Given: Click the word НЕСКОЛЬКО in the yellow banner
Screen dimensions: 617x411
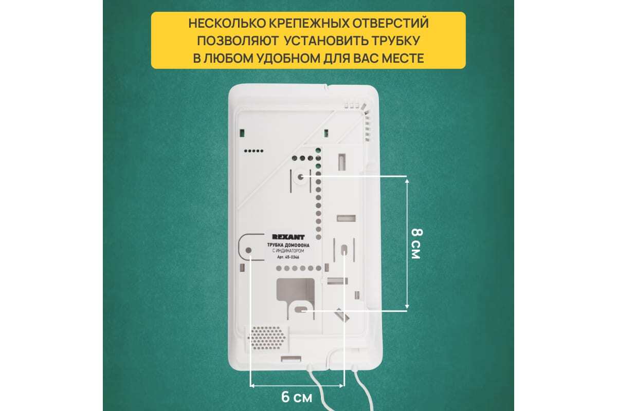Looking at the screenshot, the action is (227, 23).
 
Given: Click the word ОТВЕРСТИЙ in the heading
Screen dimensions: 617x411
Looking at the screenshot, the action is (391, 23).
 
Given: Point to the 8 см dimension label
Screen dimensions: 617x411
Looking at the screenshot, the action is (416, 244).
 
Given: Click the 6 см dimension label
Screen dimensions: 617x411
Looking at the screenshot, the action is (297, 397).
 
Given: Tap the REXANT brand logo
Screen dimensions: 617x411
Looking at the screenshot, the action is (288, 237).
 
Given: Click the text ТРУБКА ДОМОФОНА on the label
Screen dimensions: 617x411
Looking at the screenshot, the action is (288, 245).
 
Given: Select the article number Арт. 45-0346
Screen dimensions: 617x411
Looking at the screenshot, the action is (288, 257).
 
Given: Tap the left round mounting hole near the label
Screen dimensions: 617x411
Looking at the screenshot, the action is (248, 250).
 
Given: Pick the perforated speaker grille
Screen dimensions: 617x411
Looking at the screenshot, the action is (267, 338).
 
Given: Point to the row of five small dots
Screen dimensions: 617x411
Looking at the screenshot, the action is (253, 151).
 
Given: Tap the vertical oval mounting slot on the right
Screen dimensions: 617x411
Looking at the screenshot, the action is (344, 250).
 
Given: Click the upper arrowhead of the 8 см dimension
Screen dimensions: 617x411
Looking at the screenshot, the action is (407, 181).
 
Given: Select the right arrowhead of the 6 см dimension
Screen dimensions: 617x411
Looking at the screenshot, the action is (341, 386).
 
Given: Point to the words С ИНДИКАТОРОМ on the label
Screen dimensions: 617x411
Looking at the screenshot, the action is (288, 251).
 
